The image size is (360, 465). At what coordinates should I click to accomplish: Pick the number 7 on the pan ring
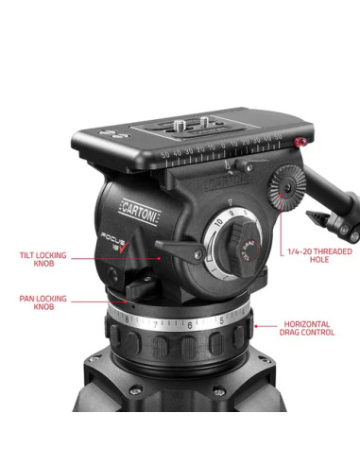154,324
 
